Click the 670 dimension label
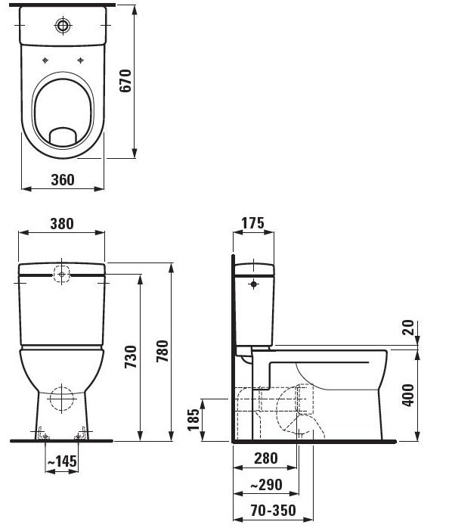(x=125, y=80)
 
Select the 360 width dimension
(x=63, y=180)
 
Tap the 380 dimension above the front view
(x=62, y=224)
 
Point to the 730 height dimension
(x=131, y=356)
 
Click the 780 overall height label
(x=163, y=351)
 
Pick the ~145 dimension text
(x=62, y=461)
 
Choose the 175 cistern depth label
(x=253, y=223)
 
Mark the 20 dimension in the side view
(x=408, y=328)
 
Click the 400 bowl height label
(x=408, y=395)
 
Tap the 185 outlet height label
(x=193, y=420)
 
